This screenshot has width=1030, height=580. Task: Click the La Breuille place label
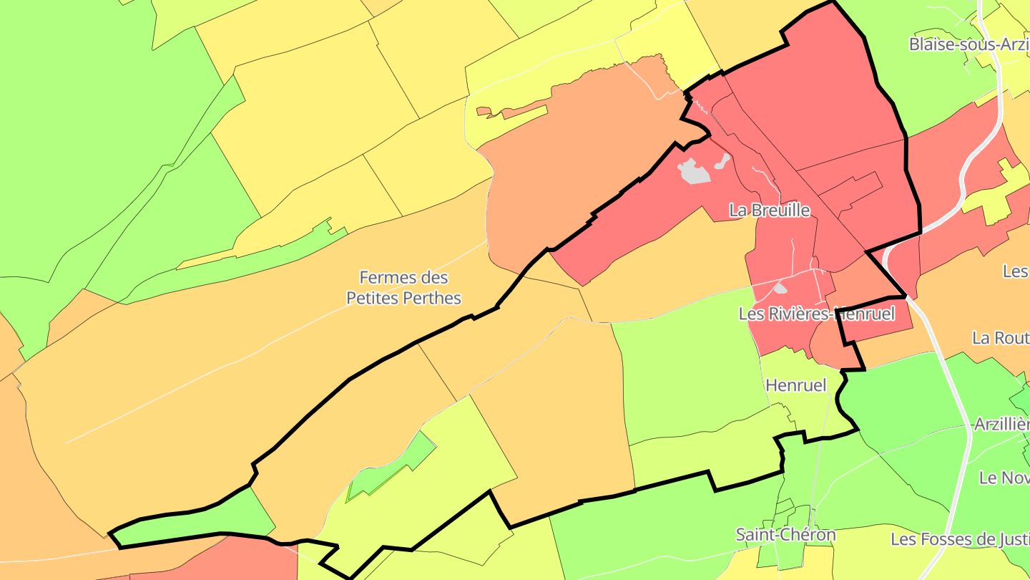(770, 210)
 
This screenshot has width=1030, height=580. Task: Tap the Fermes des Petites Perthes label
(403, 287)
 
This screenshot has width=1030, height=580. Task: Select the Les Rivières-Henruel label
(816, 314)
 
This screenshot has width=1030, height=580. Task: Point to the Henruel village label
(795, 385)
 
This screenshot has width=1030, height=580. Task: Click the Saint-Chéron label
(785, 534)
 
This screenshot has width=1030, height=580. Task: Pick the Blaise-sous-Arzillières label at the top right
(968, 44)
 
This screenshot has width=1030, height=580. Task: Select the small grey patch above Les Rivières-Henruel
(780, 289)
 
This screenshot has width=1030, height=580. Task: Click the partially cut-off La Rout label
(1000, 338)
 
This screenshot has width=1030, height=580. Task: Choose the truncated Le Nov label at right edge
(1004, 478)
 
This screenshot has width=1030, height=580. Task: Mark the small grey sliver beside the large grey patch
(721, 160)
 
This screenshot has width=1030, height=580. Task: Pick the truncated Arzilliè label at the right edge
(1001, 425)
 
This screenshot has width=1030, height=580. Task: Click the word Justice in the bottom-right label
(1009, 538)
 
